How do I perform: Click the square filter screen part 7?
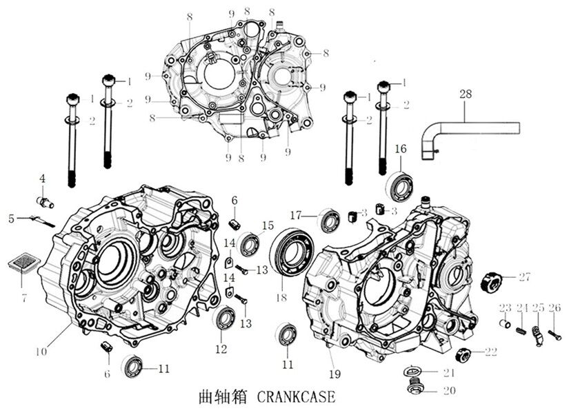click(x=23, y=265)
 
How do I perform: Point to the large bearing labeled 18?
click(x=294, y=252)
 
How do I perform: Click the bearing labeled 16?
click(x=399, y=185)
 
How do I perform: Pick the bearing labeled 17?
click(x=329, y=221)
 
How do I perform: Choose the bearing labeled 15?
click(x=249, y=245)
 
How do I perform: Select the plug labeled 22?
click(x=464, y=355)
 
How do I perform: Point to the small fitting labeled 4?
click(x=45, y=201)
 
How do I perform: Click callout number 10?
click(x=41, y=351)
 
